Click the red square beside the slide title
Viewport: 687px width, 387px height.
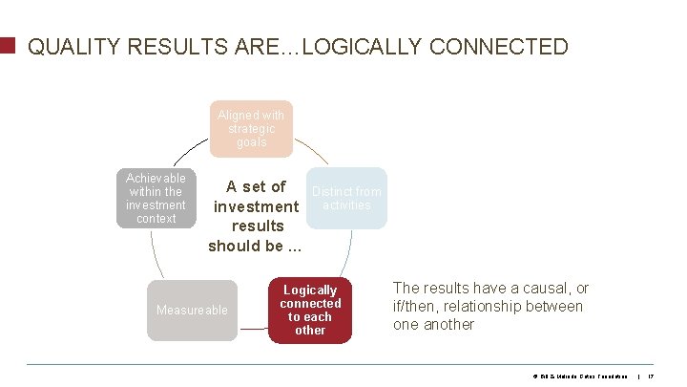point(8,46)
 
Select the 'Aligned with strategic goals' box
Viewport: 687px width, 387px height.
point(251,129)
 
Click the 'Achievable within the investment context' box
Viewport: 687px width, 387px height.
point(156,199)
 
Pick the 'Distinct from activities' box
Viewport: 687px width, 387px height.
point(347,199)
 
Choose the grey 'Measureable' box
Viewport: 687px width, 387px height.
point(192,311)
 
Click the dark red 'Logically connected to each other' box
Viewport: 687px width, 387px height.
point(310,311)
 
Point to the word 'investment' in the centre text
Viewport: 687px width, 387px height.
point(256,206)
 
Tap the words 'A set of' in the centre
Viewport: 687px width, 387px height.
point(256,187)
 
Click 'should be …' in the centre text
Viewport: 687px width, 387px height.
point(255,245)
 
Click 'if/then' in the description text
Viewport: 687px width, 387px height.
point(415,306)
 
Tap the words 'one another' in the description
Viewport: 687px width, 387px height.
point(433,324)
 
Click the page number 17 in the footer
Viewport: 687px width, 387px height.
point(651,376)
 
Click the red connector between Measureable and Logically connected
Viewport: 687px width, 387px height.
point(253,328)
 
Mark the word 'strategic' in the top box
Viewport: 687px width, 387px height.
point(251,129)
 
